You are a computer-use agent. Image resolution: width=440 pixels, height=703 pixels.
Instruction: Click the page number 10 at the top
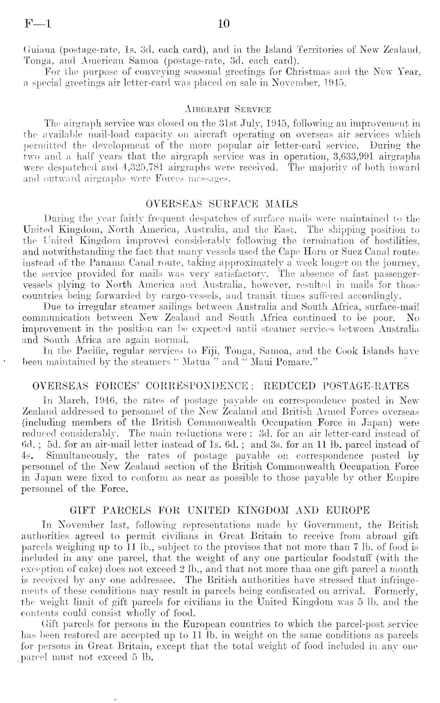coord(223,24)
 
